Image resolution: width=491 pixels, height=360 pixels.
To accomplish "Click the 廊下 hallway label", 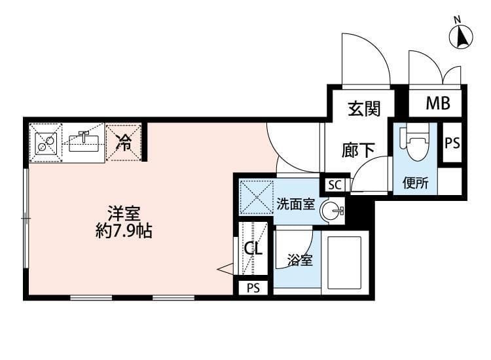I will (x=358, y=150).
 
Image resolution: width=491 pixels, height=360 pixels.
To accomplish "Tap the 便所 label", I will (x=415, y=183).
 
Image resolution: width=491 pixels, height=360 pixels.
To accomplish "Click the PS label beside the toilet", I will (x=452, y=143).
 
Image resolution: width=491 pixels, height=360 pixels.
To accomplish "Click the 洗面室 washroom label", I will (x=295, y=204).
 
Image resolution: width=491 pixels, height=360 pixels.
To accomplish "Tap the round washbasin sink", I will (x=332, y=211).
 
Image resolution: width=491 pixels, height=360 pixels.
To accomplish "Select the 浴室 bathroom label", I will (x=300, y=261).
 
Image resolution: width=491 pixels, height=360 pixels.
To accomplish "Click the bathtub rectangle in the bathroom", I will (x=345, y=261).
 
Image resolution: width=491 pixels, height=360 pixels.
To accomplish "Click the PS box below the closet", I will (x=253, y=288).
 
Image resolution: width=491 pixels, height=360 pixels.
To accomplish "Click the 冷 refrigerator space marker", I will (x=123, y=142).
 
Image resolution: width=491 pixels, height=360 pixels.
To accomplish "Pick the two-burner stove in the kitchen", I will (x=46, y=141).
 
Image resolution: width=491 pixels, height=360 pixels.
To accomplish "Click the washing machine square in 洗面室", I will (x=254, y=197).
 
